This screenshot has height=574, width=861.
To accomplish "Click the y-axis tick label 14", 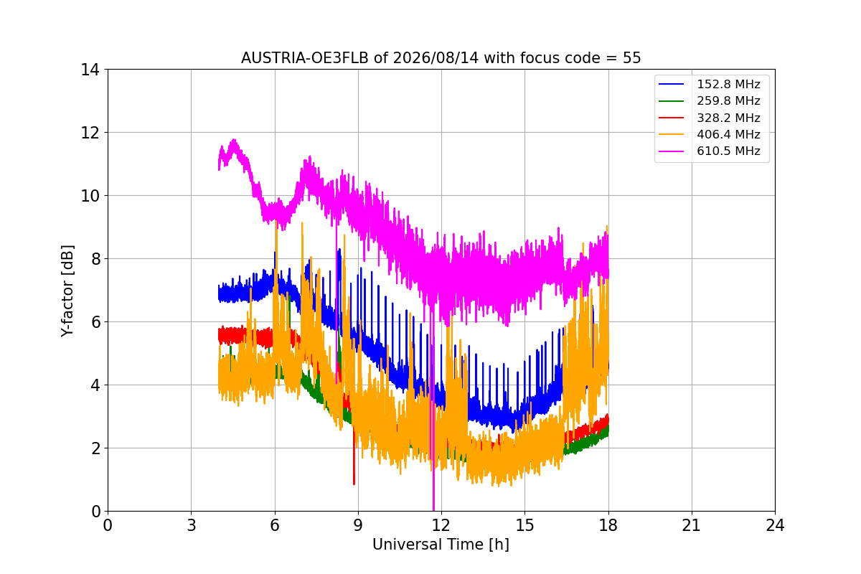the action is coord(90,70).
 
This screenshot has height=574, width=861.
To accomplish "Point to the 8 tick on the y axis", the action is coord(95,259).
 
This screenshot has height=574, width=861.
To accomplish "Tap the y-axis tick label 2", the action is coord(95,448).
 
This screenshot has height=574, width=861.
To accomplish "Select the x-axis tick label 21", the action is coord(692,525).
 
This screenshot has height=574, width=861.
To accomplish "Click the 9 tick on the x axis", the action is coord(358,525).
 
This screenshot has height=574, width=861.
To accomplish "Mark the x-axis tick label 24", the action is coord(775,525).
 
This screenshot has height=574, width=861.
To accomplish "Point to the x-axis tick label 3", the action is coord(192,525).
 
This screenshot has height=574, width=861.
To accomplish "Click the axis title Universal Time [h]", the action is coord(441,545).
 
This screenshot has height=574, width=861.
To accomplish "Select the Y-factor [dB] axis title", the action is coord(67,291).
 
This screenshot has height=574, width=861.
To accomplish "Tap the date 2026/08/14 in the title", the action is coord(436,58).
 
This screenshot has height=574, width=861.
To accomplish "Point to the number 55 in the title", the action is coord(632,58).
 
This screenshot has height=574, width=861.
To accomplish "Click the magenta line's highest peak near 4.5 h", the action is coord(234,140).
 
